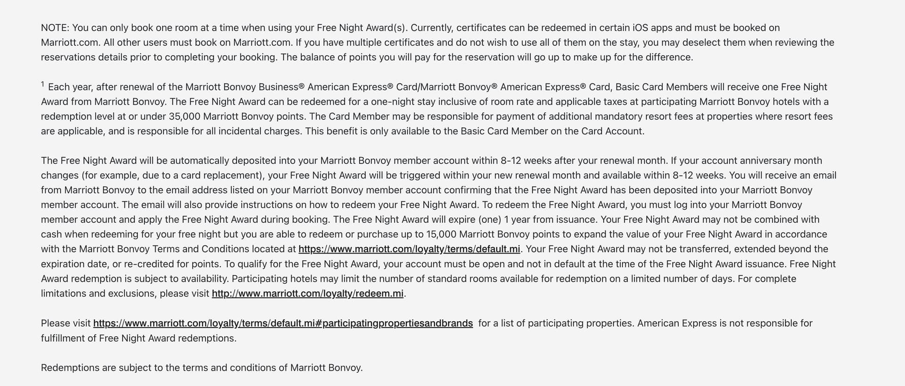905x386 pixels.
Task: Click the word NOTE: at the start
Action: point(55,28)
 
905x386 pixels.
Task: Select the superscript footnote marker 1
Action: point(42,84)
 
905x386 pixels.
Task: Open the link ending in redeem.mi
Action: point(307,294)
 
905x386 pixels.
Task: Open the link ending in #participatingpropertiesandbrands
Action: point(283,323)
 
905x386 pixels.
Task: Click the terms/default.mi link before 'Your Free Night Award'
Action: point(409,249)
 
